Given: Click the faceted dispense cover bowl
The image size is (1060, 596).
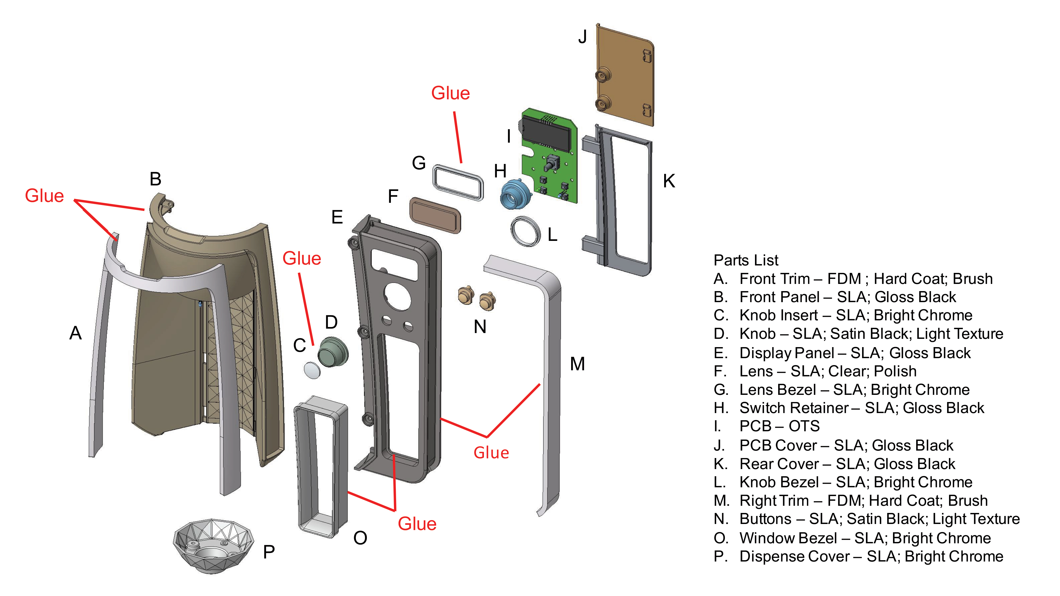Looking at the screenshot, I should click(x=212, y=545).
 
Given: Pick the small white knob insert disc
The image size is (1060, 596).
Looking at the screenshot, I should click(x=312, y=370).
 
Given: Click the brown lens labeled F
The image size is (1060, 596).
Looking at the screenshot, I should click(x=435, y=215).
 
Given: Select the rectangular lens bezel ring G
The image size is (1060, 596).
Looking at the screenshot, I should click(x=458, y=182).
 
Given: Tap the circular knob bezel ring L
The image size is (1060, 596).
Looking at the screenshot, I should click(x=526, y=232).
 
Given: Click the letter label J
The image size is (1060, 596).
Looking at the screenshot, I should click(x=582, y=37).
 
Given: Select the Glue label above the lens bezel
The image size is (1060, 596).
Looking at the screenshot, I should click(x=450, y=93).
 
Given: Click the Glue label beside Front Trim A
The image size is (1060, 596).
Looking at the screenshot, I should click(x=44, y=196).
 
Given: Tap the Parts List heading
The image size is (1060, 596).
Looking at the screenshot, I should click(x=746, y=260).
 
